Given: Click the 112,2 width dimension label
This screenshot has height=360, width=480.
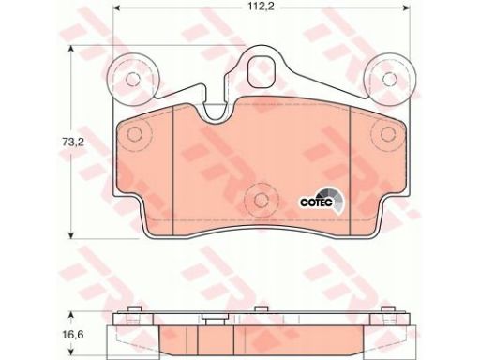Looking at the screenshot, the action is point(262,7).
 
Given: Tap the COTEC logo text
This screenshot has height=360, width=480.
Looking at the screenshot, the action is point(316,202).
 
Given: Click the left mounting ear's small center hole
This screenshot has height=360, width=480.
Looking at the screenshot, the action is point(133,79).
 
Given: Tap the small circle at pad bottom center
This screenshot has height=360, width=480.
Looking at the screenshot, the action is point(262,200).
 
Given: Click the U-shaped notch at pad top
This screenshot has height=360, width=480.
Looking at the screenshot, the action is point(217,113).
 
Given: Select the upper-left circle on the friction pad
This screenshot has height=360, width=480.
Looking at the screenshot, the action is point(135,134).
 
